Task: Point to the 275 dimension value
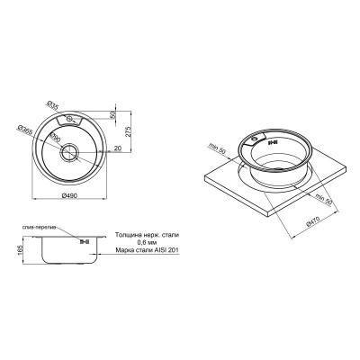[x=132, y=135]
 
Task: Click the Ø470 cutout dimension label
[x=314, y=220]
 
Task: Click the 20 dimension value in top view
[x=116, y=150]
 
